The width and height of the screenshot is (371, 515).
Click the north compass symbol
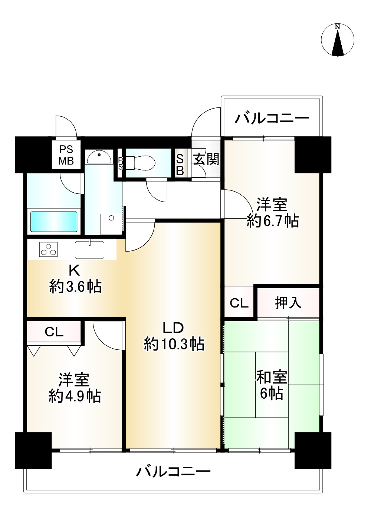click(x=337, y=40)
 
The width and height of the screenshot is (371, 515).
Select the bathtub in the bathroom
click(x=54, y=222)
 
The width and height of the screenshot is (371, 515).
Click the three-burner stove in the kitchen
click(x=48, y=249)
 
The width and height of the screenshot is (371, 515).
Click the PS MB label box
click(x=66, y=155)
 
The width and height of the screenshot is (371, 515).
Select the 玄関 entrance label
click(x=206, y=159)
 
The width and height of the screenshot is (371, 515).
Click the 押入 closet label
click(x=288, y=303)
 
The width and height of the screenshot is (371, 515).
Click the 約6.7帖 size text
click(x=273, y=221)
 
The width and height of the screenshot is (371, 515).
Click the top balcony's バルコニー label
click(x=272, y=119)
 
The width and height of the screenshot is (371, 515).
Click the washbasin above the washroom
click(x=99, y=157)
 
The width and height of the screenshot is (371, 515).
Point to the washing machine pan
click(x=111, y=224)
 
